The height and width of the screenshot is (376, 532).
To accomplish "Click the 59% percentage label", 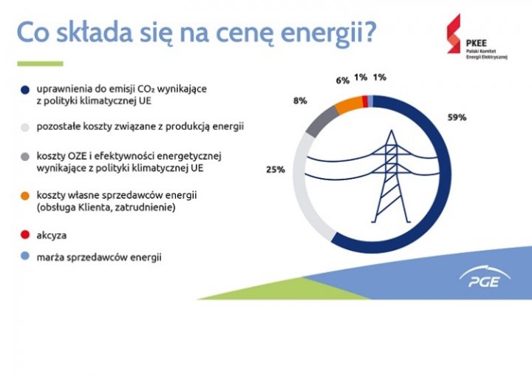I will (x=457, y=117).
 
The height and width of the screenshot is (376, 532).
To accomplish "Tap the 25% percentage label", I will (x=276, y=169).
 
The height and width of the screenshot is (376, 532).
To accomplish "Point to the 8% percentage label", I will (x=300, y=100).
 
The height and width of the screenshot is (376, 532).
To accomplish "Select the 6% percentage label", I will (x=342, y=81).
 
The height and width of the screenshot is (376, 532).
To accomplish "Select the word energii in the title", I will (x=320, y=33).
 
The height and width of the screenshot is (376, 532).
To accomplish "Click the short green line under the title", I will (x=40, y=64).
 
